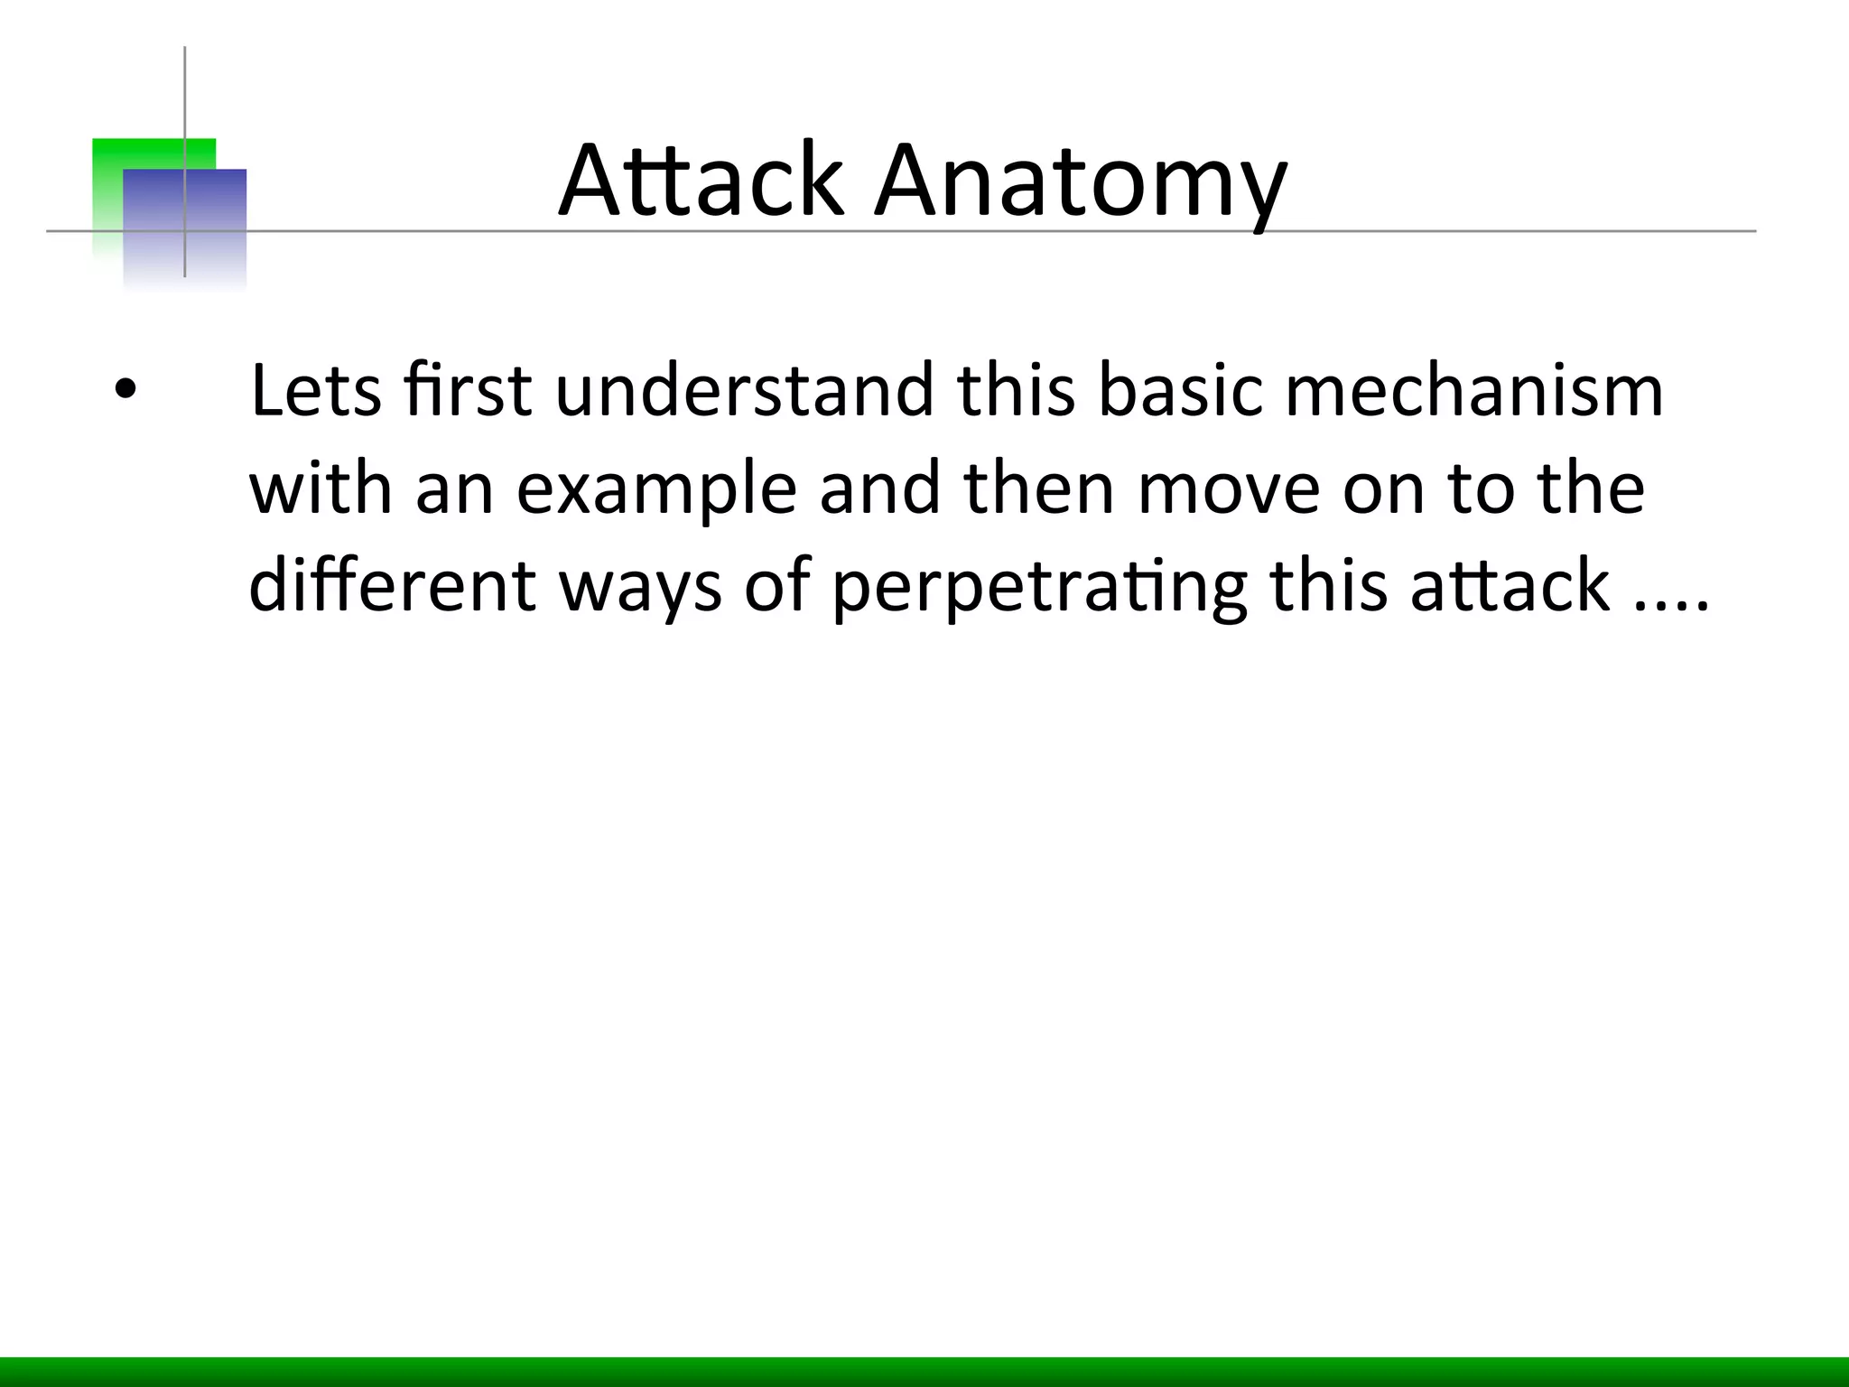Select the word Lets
tap(315, 392)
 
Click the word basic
tap(1180, 392)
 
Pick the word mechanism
tap(1473, 392)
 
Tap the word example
tap(656, 489)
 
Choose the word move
tap(1229, 489)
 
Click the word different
tap(393, 585)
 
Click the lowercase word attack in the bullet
tap(1510, 585)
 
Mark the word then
tap(1039, 489)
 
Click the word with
tap(321, 489)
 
